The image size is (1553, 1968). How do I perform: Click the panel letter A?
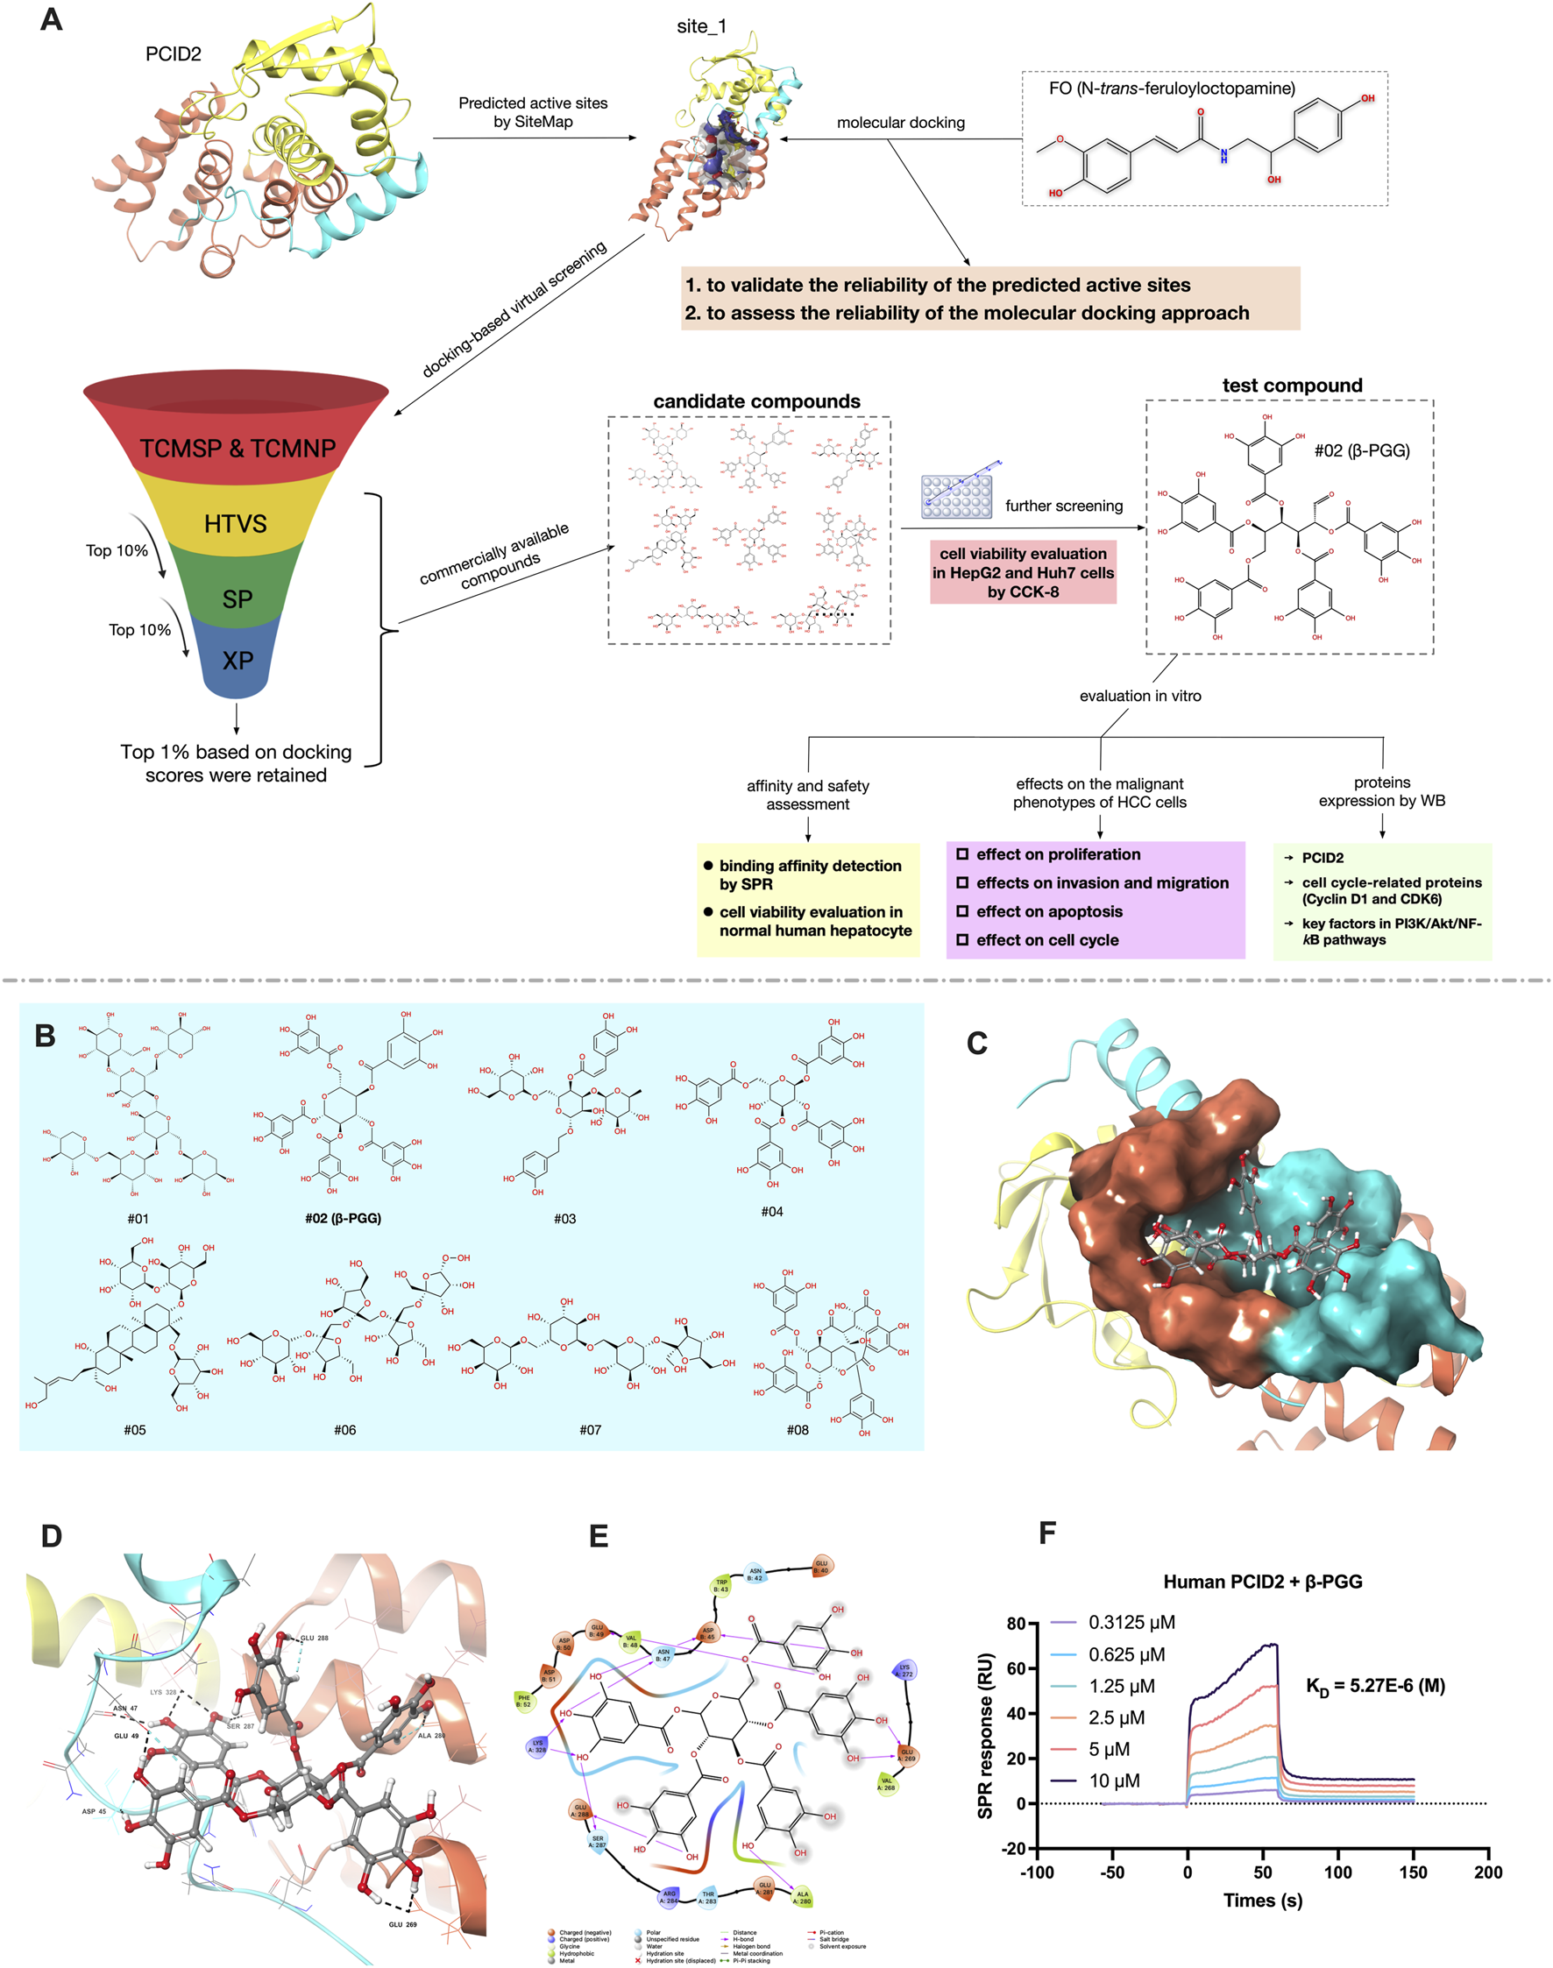(x=51, y=19)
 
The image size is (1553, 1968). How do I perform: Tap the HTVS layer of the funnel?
(x=236, y=524)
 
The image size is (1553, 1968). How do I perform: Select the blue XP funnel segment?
(x=238, y=660)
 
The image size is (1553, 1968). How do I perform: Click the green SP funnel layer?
(x=238, y=599)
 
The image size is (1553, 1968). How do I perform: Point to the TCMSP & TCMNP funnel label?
(x=238, y=448)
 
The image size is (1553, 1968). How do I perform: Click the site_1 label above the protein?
(x=701, y=27)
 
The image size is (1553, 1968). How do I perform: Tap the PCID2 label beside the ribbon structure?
(x=173, y=54)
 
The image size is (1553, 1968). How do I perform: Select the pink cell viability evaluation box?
(x=1023, y=573)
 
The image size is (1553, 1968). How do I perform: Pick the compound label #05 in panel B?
(x=135, y=1430)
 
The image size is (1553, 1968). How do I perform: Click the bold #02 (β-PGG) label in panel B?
(x=343, y=1218)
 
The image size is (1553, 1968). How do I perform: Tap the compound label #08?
(x=798, y=1430)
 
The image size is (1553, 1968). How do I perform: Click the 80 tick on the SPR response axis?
(x=1017, y=1624)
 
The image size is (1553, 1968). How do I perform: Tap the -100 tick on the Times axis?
(x=1037, y=1872)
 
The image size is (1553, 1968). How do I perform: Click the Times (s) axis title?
(x=1262, y=1900)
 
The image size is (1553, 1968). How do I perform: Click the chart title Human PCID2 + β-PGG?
(x=1262, y=1582)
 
